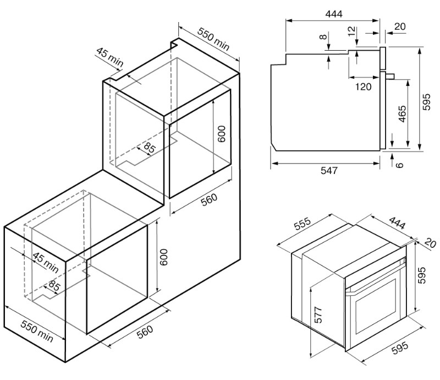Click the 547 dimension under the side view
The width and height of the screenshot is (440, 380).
[x=329, y=170]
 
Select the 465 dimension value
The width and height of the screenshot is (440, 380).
[x=402, y=114]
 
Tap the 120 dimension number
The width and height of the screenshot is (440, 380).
[x=364, y=87]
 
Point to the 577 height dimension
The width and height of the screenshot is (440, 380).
[x=318, y=314]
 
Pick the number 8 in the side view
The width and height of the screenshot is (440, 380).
[x=323, y=37]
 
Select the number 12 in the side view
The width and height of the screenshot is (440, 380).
[x=351, y=31]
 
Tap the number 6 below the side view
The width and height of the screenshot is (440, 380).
[x=400, y=165]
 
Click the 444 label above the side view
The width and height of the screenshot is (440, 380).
[x=334, y=14]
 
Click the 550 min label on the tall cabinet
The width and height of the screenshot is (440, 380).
[x=213, y=39]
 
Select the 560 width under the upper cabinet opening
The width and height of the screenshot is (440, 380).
[x=210, y=199]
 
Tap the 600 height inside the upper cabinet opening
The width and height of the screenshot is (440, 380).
[x=222, y=134]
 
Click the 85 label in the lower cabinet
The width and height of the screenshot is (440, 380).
[x=54, y=286]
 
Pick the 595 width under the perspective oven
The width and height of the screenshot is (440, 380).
[x=400, y=348]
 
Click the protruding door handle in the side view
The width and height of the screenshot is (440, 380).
[x=391, y=76]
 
